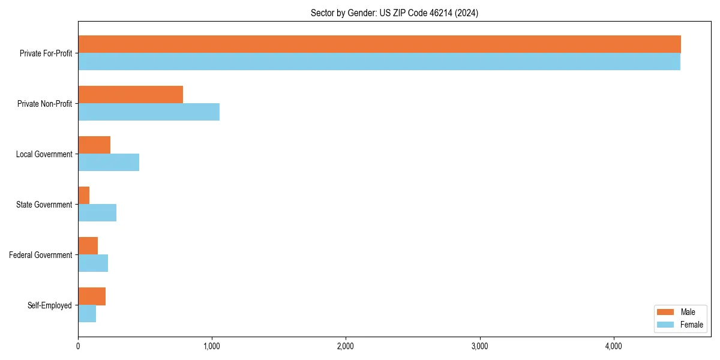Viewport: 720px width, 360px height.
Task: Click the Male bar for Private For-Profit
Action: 379,44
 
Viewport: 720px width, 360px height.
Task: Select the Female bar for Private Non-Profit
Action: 149,112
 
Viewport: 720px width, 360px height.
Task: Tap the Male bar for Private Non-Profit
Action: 130,95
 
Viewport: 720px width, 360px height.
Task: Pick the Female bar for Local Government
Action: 109,163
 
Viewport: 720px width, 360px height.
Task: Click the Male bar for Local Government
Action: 94,145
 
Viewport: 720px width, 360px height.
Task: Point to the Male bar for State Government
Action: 84,196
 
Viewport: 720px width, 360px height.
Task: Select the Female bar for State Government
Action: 97,213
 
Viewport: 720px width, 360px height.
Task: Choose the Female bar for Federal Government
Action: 93,263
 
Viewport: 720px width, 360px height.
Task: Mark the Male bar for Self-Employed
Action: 92,296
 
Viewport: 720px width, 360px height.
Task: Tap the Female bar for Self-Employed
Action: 87,314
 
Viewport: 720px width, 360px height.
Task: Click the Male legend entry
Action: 679,312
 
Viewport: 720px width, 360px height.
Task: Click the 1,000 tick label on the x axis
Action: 211,347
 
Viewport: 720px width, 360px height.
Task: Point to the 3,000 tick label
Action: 479,347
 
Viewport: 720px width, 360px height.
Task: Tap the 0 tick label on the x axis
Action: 78,347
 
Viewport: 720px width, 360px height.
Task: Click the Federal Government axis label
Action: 41,255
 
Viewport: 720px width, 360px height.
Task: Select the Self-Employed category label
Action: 50,305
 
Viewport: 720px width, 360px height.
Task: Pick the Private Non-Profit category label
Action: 44,104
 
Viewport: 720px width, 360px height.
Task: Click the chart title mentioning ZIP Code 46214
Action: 394,13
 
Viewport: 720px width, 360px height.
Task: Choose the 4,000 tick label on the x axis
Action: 613,347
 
